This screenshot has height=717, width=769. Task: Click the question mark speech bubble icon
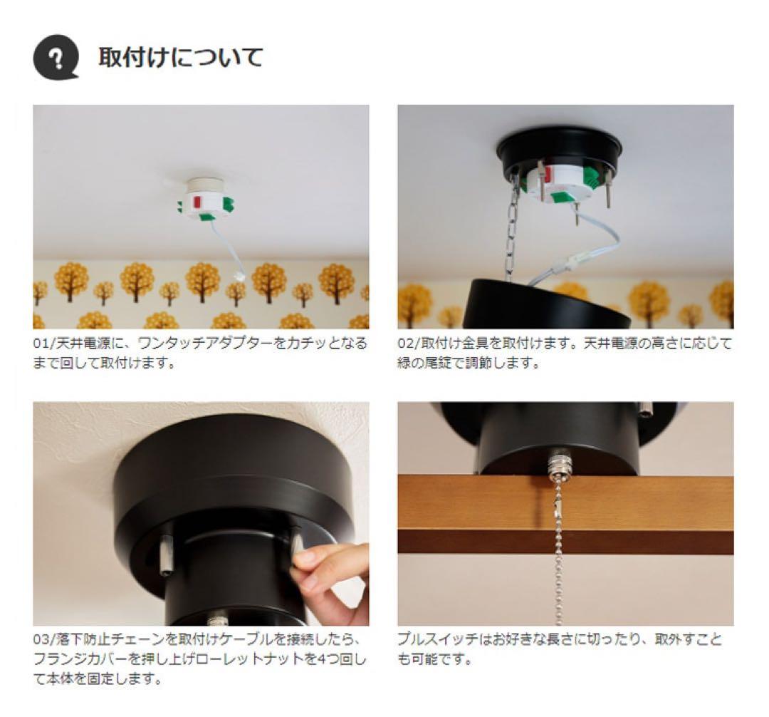[56, 56]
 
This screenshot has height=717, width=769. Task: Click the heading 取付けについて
[180, 57]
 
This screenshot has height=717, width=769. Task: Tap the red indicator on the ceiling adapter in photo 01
[197, 202]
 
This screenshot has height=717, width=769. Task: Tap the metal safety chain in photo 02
[511, 228]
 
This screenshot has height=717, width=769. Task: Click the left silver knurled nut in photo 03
[165, 557]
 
